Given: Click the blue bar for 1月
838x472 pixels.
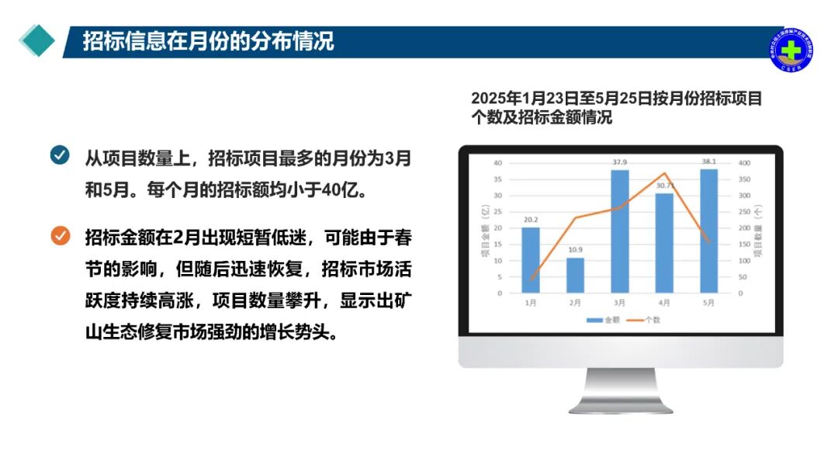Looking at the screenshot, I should tap(531, 259).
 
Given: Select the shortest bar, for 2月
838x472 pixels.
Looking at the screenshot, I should tap(575, 275).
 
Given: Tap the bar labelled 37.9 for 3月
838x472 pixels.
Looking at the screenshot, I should tap(620, 231).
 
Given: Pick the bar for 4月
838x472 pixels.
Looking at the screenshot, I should tap(664, 243).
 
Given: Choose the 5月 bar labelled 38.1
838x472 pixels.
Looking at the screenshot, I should tap(708, 231).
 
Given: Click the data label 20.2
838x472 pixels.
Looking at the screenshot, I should tap(531, 220).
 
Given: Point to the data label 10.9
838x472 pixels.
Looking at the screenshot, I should tap(575, 250).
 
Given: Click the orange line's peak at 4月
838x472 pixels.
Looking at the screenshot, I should tap(664, 174).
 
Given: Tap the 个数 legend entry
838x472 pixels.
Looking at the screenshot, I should tap(646, 320).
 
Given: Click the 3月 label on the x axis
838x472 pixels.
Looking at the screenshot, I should tap(620, 303).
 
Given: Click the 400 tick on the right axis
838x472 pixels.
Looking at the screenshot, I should tap(745, 163).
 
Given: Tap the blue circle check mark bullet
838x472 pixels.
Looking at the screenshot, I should tap(61, 155).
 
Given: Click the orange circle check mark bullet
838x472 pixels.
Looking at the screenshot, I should tap(61, 235).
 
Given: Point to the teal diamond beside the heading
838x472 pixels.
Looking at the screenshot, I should tap(37, 40).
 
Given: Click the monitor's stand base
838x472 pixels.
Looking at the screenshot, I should tap(620, 405).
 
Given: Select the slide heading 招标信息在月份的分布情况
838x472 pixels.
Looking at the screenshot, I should tap(209, 41).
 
